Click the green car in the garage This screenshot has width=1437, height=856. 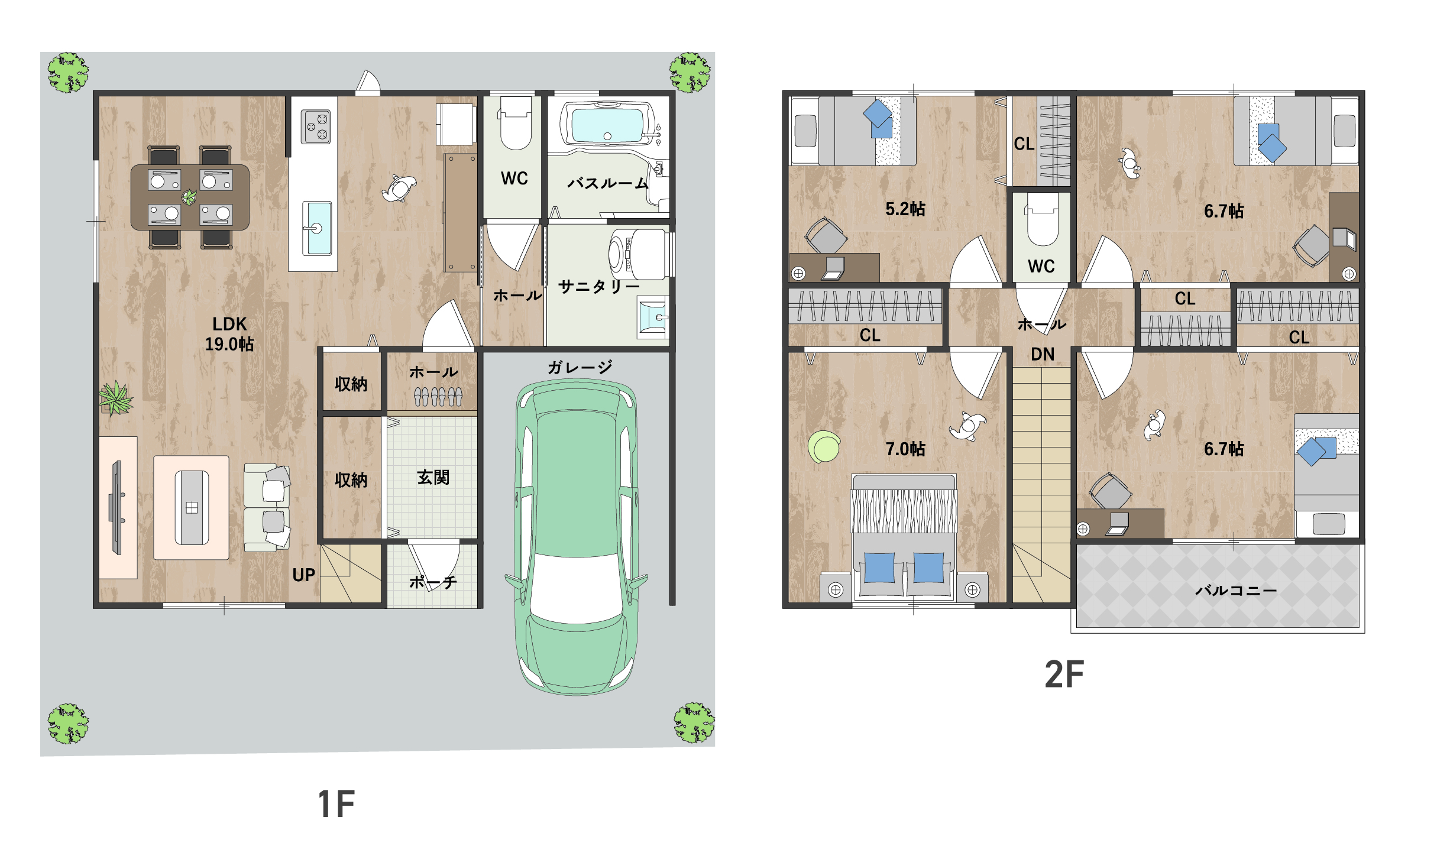click(576, 537)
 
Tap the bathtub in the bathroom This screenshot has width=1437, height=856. click(607, 125)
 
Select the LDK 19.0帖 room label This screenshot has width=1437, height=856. click(229, 334)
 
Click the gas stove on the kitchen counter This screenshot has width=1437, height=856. click(316, 127)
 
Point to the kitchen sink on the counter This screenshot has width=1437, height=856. click(317, 228)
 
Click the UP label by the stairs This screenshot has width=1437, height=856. click(304, 575)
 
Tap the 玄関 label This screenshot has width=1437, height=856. click(433, 477)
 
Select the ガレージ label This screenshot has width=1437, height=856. click(580, 367)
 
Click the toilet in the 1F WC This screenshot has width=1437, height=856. click(516, 123)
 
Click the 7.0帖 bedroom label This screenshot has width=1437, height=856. click(905, 449)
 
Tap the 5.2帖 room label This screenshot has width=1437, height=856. click(905, 209)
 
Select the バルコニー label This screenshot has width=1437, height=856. click(1236, 590)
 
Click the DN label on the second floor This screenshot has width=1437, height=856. click(1043, 354)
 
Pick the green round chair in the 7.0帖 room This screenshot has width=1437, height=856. click(824, 446)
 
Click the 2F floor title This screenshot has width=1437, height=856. click(1064, 674)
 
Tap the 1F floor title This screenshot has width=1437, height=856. click(336, 804)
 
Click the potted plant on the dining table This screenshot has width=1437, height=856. click(189, 197)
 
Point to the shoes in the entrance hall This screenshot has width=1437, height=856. click(438, 396)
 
